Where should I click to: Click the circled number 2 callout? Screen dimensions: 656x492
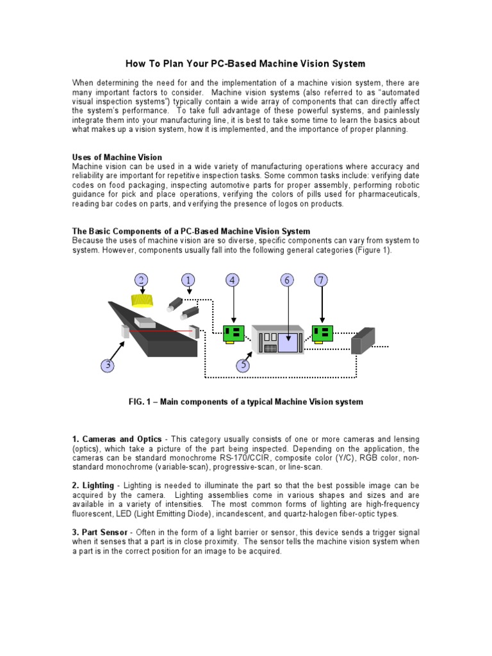(x=141, y=280)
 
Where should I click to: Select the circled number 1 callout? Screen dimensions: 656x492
(x=188, y=280)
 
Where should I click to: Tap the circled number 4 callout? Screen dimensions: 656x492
(x=233, y=280)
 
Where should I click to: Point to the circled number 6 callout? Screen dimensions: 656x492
(x=287, y=280)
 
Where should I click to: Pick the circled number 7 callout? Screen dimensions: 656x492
(x=322, y=280)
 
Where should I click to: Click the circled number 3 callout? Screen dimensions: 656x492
(x=108, y=365)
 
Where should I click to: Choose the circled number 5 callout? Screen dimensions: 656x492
(x=243, y=365)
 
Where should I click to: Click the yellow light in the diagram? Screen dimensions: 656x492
(x=142, y=300)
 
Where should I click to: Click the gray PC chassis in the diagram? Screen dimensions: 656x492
(x=277, y=339)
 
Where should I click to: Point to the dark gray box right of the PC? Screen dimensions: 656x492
(x=363, y=340)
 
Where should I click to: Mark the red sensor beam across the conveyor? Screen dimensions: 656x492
(x=160, y=331)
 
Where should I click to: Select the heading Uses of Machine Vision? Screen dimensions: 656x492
(x=117, y=157)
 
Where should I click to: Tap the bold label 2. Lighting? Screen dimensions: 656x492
(x=93, y=486)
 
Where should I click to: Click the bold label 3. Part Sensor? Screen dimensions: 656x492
(x=101, y=532)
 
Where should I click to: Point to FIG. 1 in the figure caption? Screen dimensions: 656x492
(x=141, y=402)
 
